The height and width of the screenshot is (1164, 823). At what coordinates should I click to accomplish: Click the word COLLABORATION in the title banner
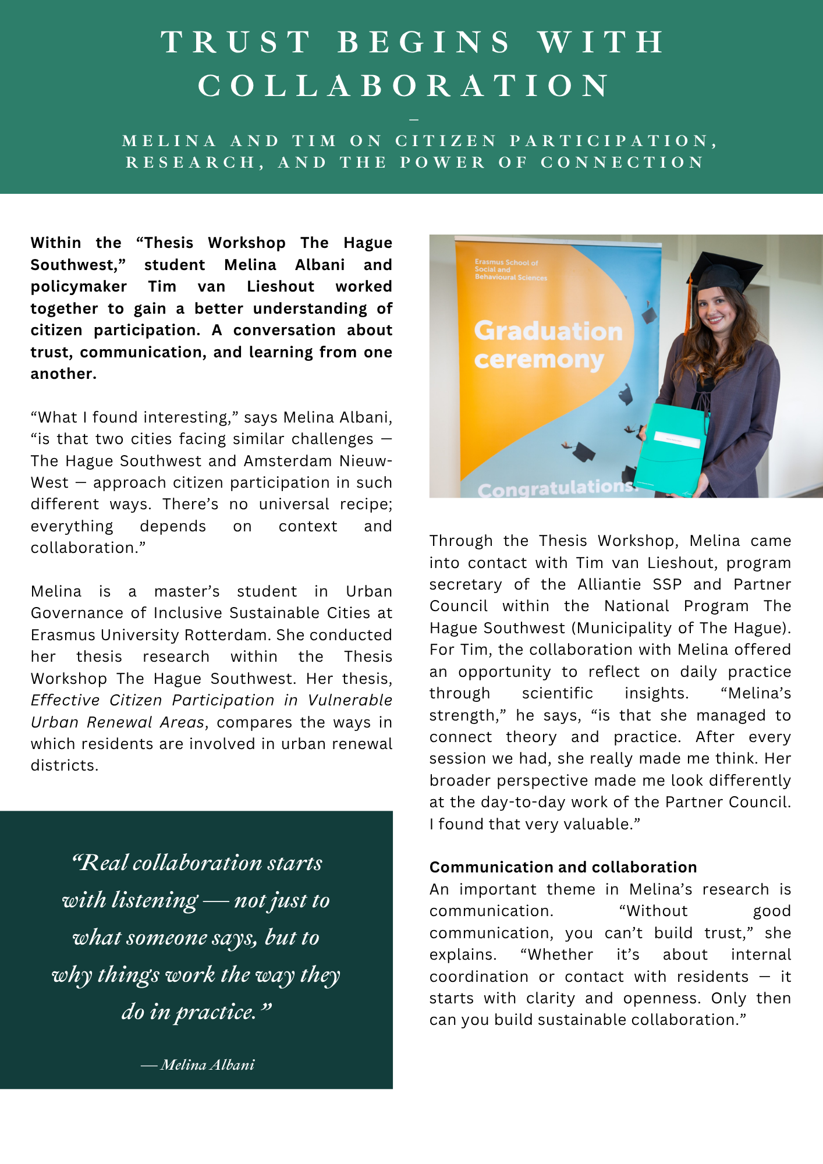[x=405, y=86]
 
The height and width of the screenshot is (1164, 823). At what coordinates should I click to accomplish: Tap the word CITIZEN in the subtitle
[x=446, y=141]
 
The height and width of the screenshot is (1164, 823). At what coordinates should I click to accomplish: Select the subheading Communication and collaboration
[x=563, y=867]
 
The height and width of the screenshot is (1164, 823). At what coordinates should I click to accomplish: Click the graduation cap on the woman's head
[x=728, y=271]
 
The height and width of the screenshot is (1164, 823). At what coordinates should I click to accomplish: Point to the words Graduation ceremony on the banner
[x=547, y=345]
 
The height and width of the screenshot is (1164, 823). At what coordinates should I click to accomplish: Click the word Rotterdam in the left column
[x=240, y=635]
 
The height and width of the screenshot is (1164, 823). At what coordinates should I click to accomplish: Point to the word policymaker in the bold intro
[x=79, y=286]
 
